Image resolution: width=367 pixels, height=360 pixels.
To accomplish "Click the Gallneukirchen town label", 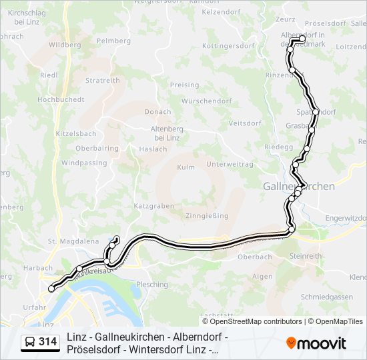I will (x=298, y=187).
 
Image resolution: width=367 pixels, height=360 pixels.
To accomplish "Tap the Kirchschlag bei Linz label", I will (x=26, y=18).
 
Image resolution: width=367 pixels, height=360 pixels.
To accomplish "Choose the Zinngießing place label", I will (x=207, y=215).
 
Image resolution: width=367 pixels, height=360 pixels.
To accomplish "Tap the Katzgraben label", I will (x=153, y=206).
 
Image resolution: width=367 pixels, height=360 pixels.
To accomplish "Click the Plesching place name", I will (x=152, y=284).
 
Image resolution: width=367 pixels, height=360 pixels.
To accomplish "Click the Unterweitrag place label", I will (x=230, y=164).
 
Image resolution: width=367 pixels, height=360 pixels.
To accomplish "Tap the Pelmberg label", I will (x=113, y=41).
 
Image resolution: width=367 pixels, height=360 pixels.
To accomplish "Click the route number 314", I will (x=48, y=342).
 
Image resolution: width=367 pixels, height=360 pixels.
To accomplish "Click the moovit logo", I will (x=316, y=343).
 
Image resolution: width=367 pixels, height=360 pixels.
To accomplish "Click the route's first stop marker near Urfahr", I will (x=51, y=289).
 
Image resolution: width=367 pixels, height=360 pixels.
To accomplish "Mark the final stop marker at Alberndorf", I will (x=302, y=39).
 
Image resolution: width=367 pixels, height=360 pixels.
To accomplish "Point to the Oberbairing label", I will (x=97, y=148).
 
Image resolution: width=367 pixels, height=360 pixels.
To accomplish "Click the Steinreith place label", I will (x=306, y=255).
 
